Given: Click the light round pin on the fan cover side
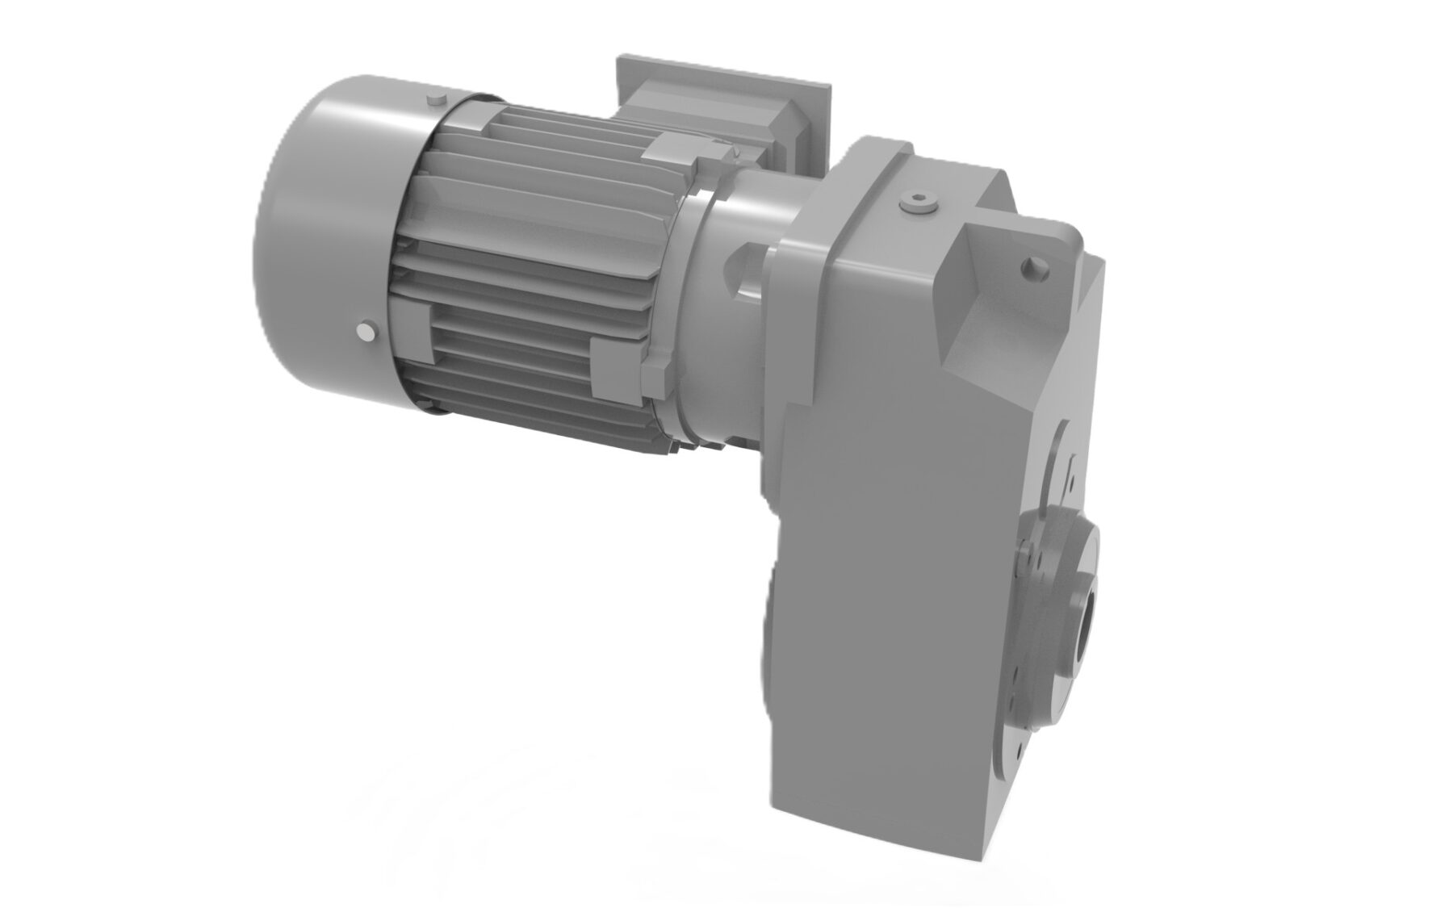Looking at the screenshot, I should click(367, 333).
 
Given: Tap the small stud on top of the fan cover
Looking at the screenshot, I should click(435, 99).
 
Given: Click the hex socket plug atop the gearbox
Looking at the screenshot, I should click(918, 203).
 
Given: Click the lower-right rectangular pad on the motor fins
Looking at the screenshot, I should click(616, 367).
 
